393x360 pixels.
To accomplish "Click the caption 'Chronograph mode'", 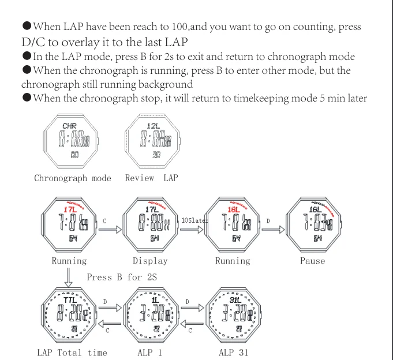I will coord(73,178).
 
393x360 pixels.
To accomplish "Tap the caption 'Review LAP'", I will coord(152,178).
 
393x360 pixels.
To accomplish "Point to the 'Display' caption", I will coord(150,261).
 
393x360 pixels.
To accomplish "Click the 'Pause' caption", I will coord(312,261).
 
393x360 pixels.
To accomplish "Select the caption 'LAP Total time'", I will coord(72,352).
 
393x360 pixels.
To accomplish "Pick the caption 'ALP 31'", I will coord(235,352).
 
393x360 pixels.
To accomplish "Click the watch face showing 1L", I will coord(152,316).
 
